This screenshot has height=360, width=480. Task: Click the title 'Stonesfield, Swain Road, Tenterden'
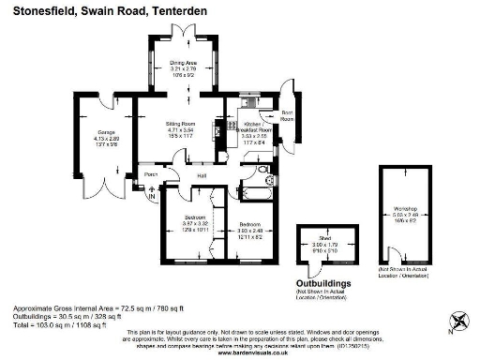[104, 11]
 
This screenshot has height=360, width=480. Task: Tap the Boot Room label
[288, 117]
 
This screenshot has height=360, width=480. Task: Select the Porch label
[150, 174]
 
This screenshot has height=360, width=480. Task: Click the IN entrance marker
[151, 197]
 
